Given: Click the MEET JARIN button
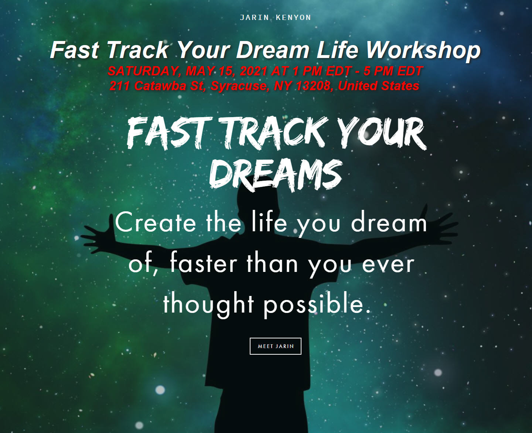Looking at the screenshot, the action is point(276,346).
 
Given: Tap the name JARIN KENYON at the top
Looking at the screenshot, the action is point(276,17).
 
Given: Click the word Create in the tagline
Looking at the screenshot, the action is point(156,222).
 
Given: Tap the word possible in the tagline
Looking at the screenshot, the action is point(317,305).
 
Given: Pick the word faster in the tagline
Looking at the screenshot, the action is point(204,264).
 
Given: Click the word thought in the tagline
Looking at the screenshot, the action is point(209,305).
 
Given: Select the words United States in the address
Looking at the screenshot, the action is point(378,86).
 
